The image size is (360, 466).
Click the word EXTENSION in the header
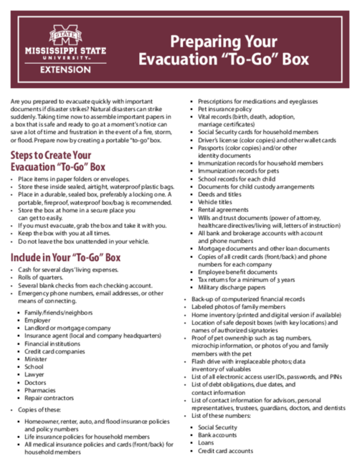pos(65,70)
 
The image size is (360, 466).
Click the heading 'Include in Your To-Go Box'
pos(65,256)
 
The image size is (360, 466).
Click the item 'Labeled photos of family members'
pos(244,307)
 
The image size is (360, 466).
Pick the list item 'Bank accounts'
pos(217,434)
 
